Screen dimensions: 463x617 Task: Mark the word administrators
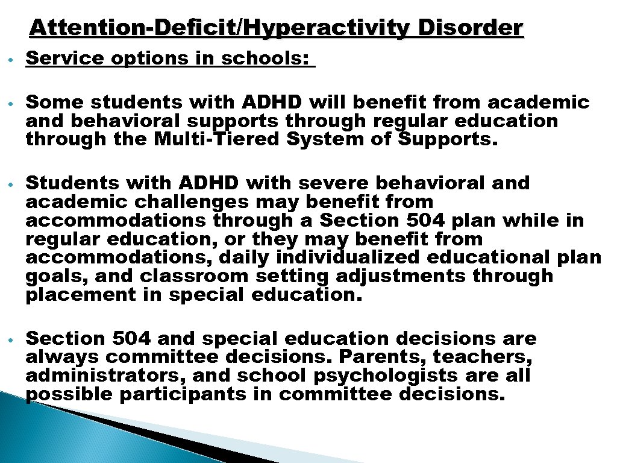tap(100, 376)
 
